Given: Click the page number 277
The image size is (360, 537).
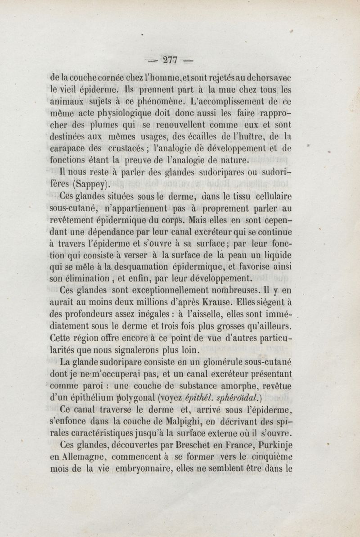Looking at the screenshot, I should pyautogui.click(x=171, y=60).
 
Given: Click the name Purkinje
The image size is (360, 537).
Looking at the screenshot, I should pyautogui.click(x=274, y=445).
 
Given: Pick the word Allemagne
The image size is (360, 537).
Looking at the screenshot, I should pyautogui.click(x=85, y=456).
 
